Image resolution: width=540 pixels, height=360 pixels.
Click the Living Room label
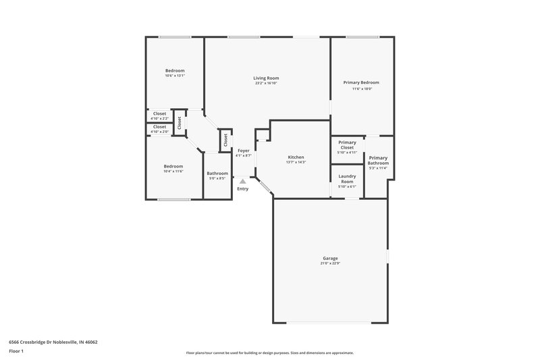(x=266, y=78)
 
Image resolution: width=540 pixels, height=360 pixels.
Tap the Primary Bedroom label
(x=362, y=82)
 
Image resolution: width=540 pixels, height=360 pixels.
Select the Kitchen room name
(x=296, y=157)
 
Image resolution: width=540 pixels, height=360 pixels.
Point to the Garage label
(x=330, y=258)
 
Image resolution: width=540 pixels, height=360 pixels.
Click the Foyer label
(x=243, y=151)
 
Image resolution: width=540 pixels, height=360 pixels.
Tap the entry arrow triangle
(x=242, y=181)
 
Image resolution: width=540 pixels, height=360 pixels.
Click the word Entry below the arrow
(x=242, y=188)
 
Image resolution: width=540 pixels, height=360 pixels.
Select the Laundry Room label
(x=347, y=179)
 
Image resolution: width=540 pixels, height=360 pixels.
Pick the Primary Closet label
(x=347, y=145)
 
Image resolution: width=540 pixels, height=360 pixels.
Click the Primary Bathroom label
(x=378, y=160)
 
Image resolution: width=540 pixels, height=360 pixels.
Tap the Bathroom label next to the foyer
(x=217, y=174)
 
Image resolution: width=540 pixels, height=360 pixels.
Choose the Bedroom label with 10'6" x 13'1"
(x=175, y=71)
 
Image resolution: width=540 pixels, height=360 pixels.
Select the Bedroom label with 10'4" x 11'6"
(x=173, y=166)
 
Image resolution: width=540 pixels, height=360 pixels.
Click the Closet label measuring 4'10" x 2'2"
(x=159, y=113)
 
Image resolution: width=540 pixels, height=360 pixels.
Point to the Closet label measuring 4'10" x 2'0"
(x=159, y=126)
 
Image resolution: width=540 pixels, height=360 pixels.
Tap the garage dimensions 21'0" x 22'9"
(x=330, y=263)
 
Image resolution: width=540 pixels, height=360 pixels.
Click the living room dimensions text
(x=266, y=84)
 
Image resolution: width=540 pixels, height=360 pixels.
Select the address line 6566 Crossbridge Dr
(x=53, y=342)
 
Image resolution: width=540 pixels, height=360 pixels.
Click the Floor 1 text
(x=16, y=352)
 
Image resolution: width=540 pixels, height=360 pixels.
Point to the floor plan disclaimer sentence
(x=269, y=353)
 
